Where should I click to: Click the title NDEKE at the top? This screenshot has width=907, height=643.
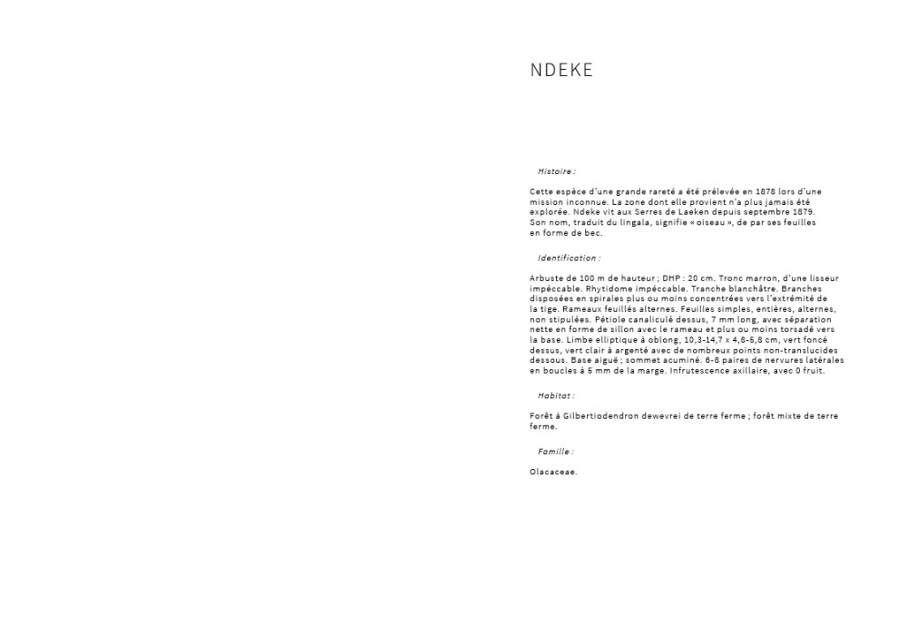tap(561, 71)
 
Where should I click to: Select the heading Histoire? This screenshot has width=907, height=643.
tap(556, 171)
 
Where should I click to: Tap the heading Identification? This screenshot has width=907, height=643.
tap(569, 258)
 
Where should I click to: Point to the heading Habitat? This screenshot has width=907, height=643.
tap(556, 396)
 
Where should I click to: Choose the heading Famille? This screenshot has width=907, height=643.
tap(555, 452)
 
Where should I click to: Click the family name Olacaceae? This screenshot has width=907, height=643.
tap(553, 472)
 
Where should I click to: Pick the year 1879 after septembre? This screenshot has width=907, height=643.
tap(802, 212)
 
